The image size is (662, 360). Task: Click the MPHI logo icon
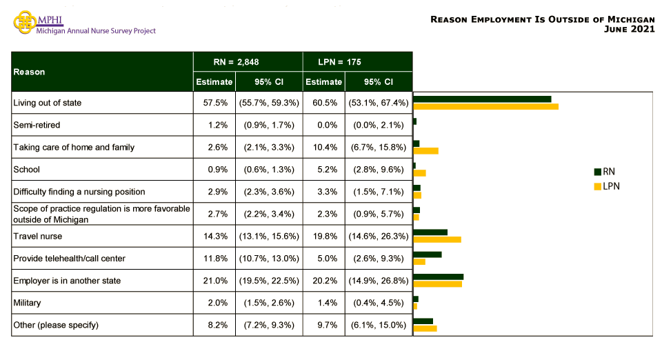click(24, 21)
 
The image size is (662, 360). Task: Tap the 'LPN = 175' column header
click(358, 61)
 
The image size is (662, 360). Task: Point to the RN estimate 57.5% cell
click(214, 103)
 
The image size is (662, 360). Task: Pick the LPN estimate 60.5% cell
click(323, 103)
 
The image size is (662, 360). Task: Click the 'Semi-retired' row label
click(37, 125)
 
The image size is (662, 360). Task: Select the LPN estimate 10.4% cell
click(323, 147)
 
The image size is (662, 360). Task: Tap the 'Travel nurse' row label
click(38, 236)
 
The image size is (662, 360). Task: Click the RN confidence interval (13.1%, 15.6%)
click(269, 236)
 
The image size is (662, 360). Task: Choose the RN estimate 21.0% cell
click(214, 281)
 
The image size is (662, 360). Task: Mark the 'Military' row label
click(27, 303)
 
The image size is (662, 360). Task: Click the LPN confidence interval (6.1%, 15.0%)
click(379, 325)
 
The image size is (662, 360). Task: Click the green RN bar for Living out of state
click(482, 99)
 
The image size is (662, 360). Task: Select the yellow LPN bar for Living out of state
click(485, 106)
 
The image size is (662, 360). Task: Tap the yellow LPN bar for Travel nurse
click(437, 239)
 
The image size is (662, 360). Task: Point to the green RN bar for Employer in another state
click(438, 277)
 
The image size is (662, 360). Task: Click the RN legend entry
click(605, 172)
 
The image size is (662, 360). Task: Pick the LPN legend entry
click(606, 186)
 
